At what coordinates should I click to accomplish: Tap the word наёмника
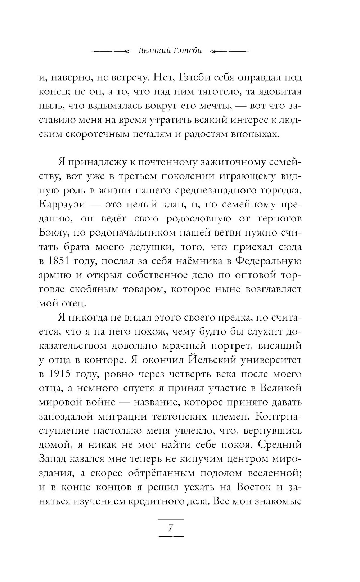click(195, 261)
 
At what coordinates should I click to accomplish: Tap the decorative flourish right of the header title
click(229, 51)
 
